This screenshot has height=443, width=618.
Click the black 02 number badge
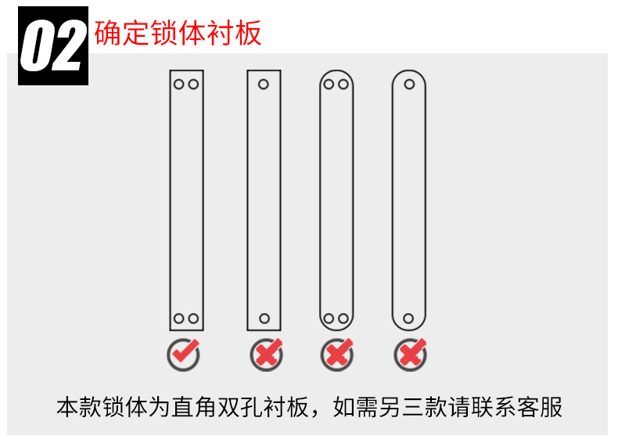(x=53, y=45)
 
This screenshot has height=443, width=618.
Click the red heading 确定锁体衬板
(x=178, y=33)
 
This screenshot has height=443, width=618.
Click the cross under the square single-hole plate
(x=267, y=355)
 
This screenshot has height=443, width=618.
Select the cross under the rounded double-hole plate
(x=337, y=355)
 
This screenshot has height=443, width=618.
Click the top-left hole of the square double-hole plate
(x=179, y=84)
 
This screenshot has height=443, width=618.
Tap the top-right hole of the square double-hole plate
(x=193, y=84)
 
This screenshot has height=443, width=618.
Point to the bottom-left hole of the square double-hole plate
(x=179, y=319)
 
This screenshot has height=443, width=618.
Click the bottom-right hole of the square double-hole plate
(x=193, y=319)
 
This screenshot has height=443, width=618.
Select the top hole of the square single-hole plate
(x=264, y=84)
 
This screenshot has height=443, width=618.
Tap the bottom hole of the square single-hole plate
(x=264, y=319)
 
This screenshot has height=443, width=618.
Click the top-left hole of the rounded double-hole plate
(x=329, y=84)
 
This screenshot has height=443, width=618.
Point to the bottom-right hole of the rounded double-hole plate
(x=343, y=319)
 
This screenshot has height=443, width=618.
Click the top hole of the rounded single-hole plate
(x=409, y=84)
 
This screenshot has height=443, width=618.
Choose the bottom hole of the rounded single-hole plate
(x=408, y=319)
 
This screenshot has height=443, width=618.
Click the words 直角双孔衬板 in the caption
(x=240, y=407)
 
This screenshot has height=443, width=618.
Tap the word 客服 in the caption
(x=540, y=407)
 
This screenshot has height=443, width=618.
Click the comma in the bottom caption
(x=315, y=413)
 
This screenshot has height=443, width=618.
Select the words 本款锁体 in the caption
(x=102, y=407)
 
